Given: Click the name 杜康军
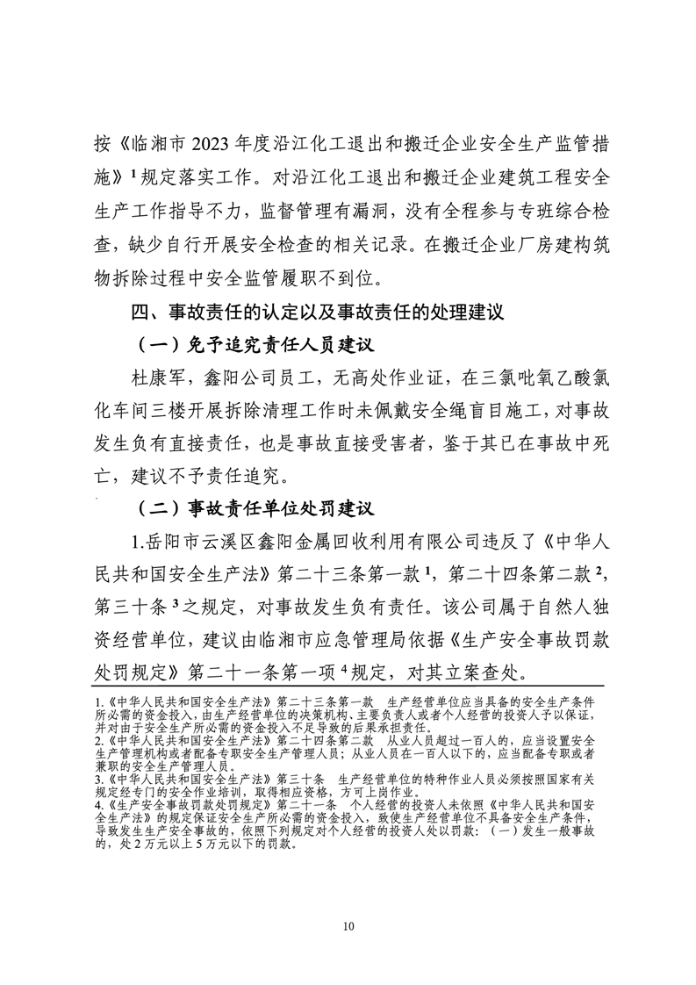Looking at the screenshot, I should (149, 377).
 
